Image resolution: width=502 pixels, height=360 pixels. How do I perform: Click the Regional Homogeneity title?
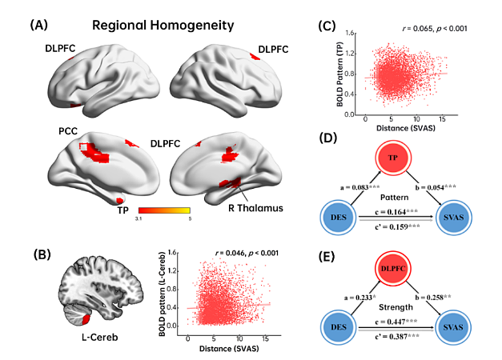163,26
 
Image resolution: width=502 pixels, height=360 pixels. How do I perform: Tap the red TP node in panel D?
393,158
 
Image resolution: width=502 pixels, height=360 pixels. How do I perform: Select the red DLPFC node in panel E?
393,269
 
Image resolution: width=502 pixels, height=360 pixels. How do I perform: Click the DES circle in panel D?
339,218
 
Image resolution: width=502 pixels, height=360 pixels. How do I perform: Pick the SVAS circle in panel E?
453,327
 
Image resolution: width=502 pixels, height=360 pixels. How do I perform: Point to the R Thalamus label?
255,208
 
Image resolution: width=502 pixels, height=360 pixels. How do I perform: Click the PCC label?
68,131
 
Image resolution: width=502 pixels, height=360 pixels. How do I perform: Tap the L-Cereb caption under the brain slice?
100,338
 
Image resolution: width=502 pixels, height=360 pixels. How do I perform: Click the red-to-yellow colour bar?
165,210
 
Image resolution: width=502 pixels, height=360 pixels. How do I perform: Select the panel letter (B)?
42,254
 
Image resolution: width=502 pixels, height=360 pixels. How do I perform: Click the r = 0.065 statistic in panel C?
435,29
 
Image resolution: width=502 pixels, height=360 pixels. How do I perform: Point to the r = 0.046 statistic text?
247,253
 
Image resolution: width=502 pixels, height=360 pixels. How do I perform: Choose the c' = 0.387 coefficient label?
396,336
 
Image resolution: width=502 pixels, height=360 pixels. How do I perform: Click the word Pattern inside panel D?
395,198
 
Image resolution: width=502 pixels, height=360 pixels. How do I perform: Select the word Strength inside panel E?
396,307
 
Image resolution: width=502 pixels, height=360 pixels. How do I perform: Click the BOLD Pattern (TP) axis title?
340,74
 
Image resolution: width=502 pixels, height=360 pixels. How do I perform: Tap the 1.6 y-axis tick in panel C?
350,34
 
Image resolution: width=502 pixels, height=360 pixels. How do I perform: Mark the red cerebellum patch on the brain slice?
86,319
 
